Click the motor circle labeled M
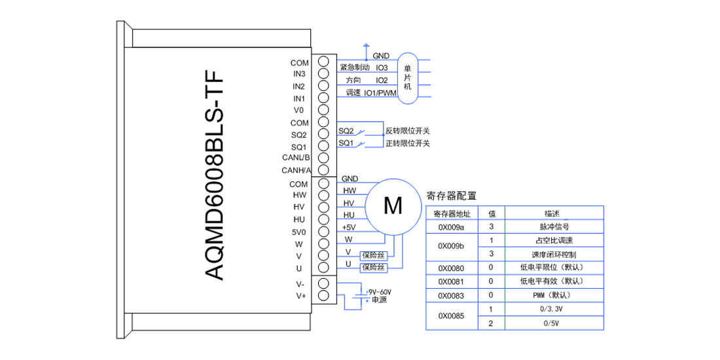tap(393, 206)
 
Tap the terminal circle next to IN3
tap(323, 73)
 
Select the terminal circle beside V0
tap(323, 110)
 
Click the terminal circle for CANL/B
tap(323, 158)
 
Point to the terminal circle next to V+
tap(323, 295)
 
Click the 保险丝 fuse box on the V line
tap(374, 255)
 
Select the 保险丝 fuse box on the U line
tap(374, 268)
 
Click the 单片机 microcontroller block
tap(407, 78)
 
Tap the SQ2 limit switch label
tap(346, 132)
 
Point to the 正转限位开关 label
tap(408, 144)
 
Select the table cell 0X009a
tap(452, 227)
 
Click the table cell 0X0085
tap(452, 316)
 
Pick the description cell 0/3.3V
tap(553, 309)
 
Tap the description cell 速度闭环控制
tap(553, 254)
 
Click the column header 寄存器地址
tap(452, 213)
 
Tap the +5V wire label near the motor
tap(349, 228)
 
